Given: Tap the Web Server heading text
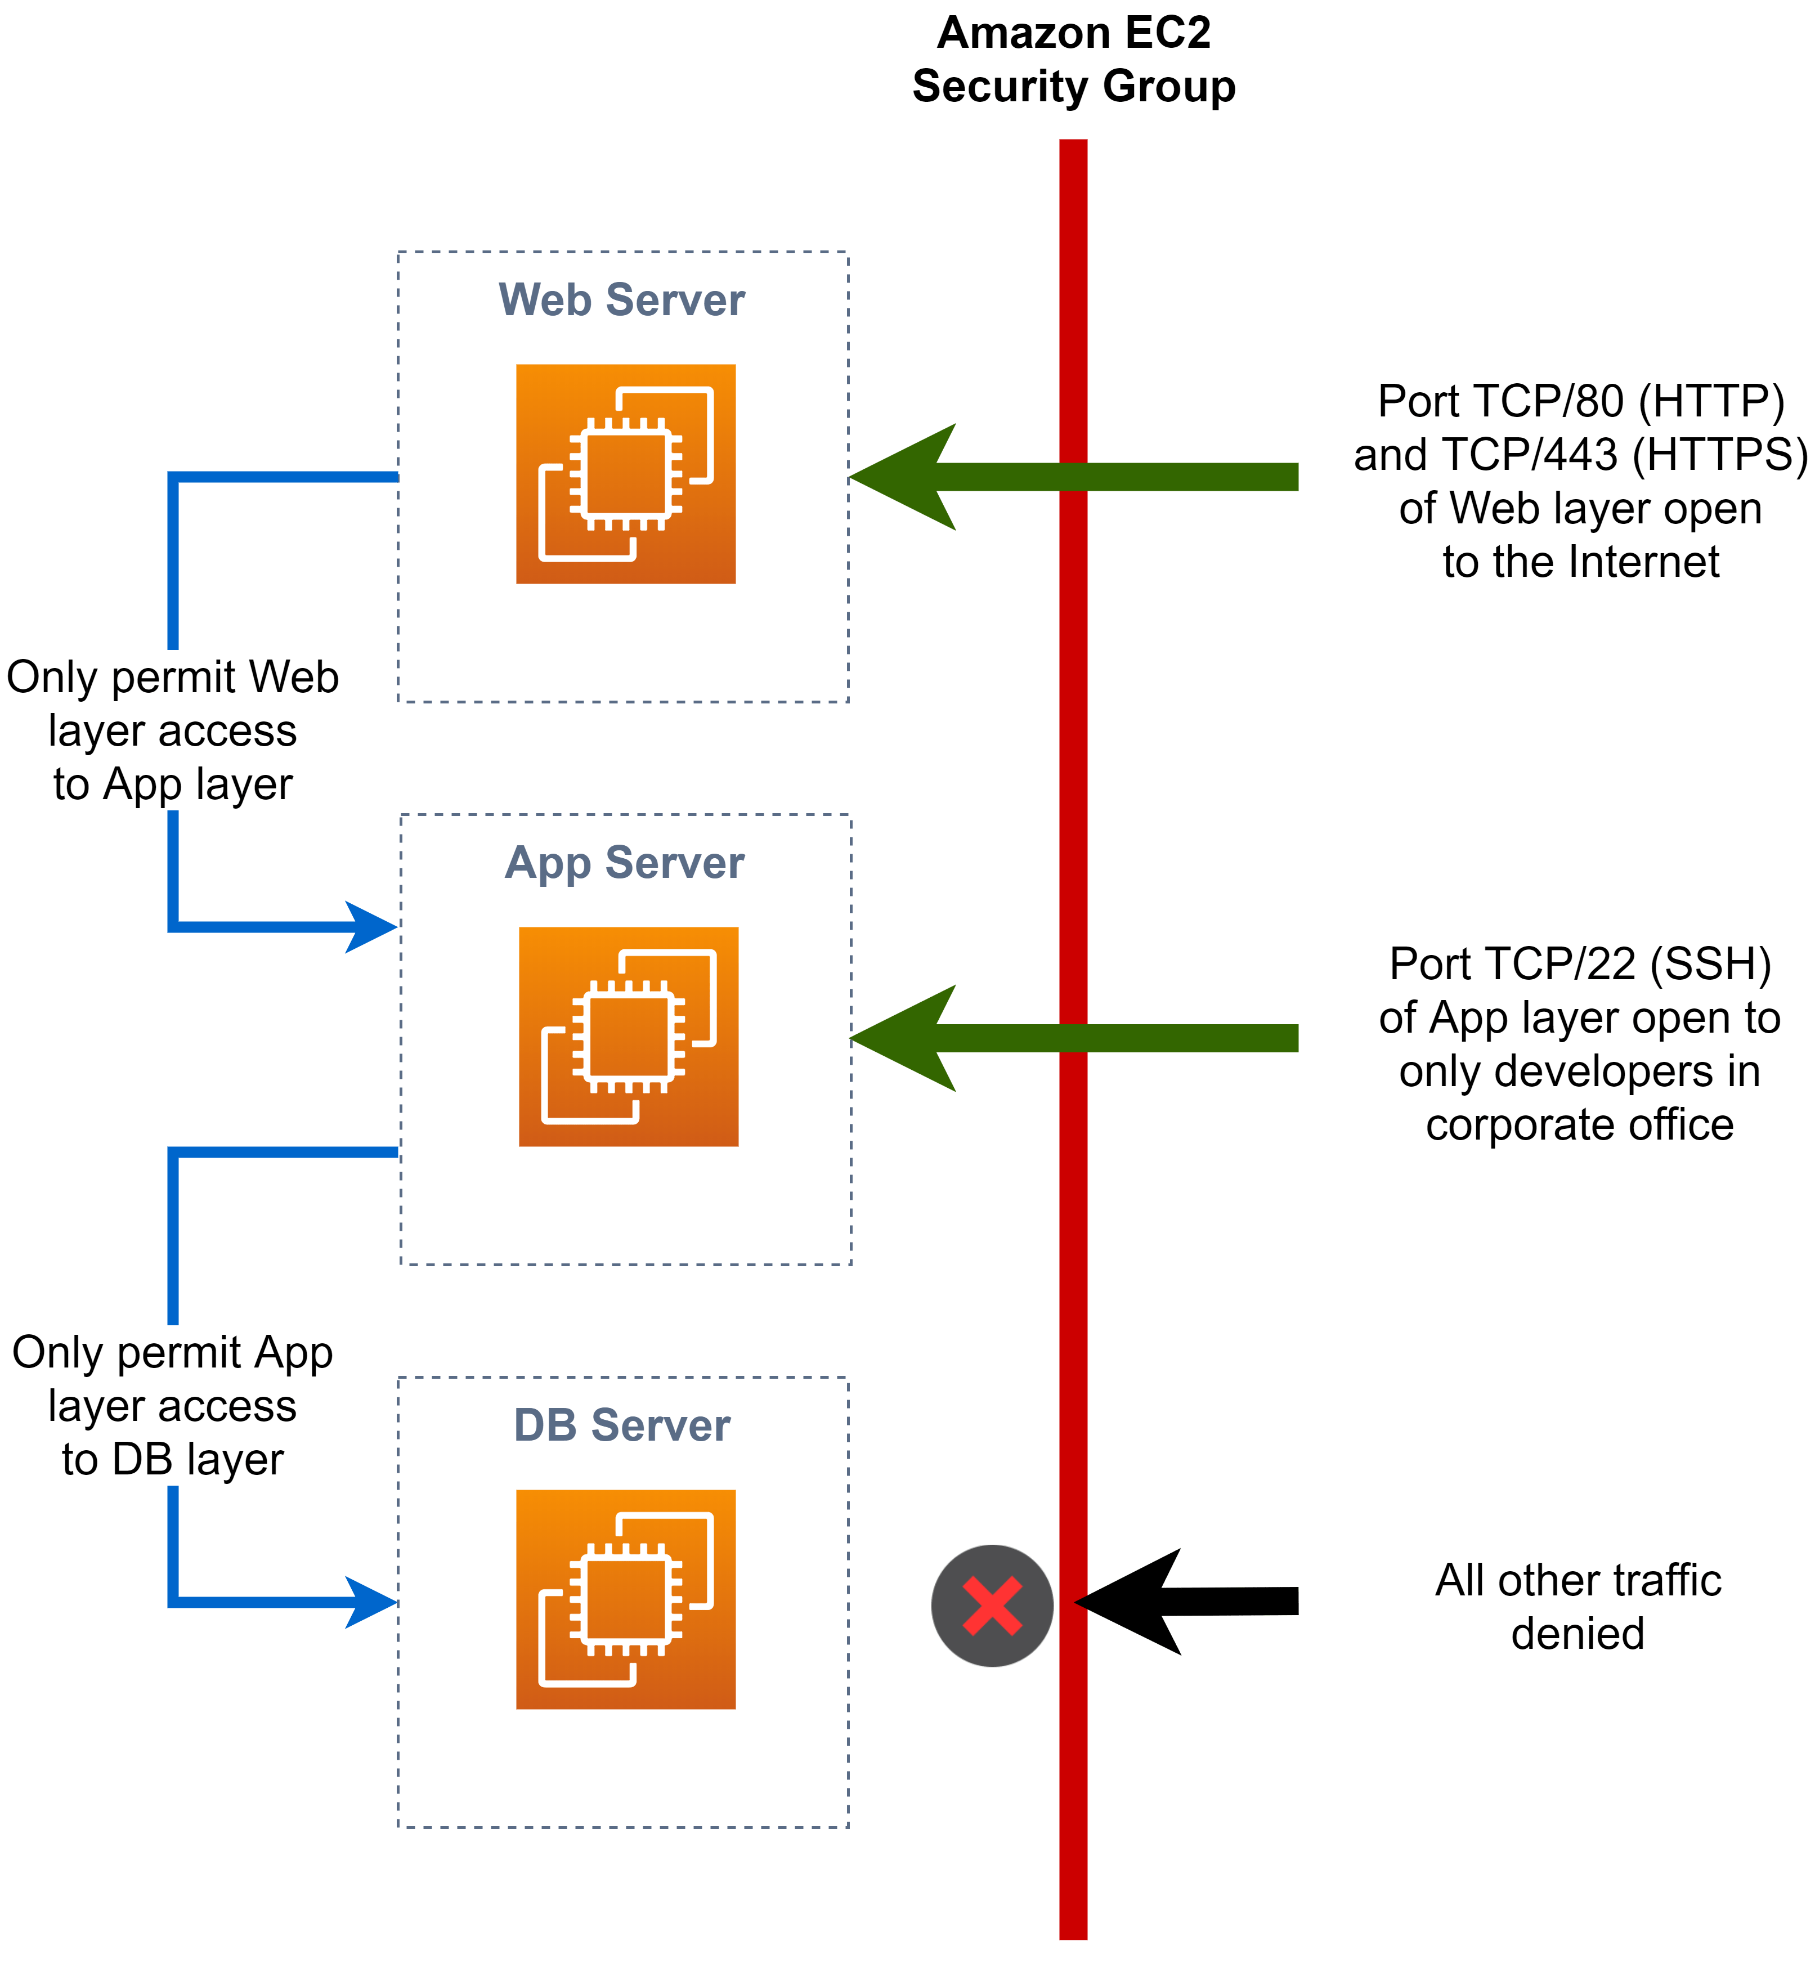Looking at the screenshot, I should click(x=622, y=299).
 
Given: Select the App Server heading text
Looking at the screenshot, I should click(x=625, y=862).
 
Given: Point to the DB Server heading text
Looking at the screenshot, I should click(x=622, y=1425).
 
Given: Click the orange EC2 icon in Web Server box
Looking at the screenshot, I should click(x=626, y=474).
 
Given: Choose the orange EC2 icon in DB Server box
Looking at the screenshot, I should click(x=626, y=1600).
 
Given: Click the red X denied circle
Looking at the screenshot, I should click(x=992, y=1606).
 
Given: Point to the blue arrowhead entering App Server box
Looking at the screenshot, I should click(x=373, y=926).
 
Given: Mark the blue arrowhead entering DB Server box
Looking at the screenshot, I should click(x=373, y=1602).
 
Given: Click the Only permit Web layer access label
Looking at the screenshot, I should click(x=173, y=730).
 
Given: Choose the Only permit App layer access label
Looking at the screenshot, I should click(x=173, y=1405).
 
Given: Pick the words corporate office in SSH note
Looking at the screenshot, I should click(x=1579, y=1124).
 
